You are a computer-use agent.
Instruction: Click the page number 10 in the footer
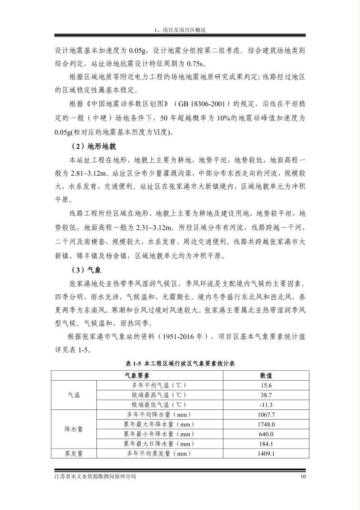(x=303, y=476)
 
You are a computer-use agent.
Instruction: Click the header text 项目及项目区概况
(x=183, y=30)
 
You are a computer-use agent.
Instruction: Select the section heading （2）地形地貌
(x=93, y=146)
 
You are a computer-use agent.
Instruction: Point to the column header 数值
(x=266, y=376)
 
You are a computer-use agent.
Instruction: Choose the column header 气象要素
(x=137, y=376)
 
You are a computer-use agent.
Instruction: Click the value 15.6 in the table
(x=266, y=385)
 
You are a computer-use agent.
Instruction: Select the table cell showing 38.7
(x=266, y=395)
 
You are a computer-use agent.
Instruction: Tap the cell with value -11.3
(x=266, y=405)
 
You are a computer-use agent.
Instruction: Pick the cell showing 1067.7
(x=266, y=415)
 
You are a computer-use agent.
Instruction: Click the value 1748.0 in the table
(x=266, y=424)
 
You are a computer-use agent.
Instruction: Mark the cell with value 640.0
(x=266, y=434)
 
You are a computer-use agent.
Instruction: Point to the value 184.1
(x=266, y=444)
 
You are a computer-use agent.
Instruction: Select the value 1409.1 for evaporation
(x=266, y=453)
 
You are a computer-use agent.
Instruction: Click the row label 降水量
(x=74, y=429)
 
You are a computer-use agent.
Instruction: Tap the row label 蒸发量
(x=74, y=453)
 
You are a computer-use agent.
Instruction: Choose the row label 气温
(x=74, y=395)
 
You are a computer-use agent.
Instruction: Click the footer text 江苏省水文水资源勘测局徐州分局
(x=95, y=476)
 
